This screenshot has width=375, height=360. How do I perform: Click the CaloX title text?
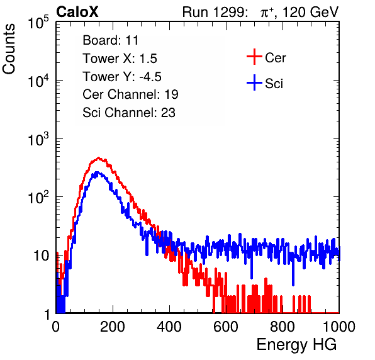(77, 12)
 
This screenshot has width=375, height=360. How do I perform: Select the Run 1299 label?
(215, 12)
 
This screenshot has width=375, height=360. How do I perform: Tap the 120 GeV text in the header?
(310, 12)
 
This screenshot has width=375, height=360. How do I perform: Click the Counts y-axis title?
(9, 49)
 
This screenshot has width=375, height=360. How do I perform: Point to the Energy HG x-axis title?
(296, 345)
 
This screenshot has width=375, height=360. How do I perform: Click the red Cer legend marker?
(254, 57)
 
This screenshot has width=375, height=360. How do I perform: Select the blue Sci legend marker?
(254, 83)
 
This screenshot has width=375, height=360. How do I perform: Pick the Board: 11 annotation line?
(111, 40)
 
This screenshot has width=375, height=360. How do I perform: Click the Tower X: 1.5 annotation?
(120, 59)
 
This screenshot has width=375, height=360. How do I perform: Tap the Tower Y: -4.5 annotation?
(122, 77)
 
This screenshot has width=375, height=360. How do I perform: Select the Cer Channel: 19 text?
(130, 94)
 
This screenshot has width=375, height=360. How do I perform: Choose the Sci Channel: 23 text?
(129, 113)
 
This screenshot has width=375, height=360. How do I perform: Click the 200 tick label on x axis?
(113, 327)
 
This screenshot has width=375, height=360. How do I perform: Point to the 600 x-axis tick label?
(226, 327)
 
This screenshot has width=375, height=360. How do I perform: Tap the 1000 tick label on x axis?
(339, 327)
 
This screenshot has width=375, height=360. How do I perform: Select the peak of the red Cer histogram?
(99, 158)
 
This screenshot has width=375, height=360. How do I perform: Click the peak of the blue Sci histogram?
(97, 172)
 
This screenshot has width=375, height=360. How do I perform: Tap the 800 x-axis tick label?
(283, 327)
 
